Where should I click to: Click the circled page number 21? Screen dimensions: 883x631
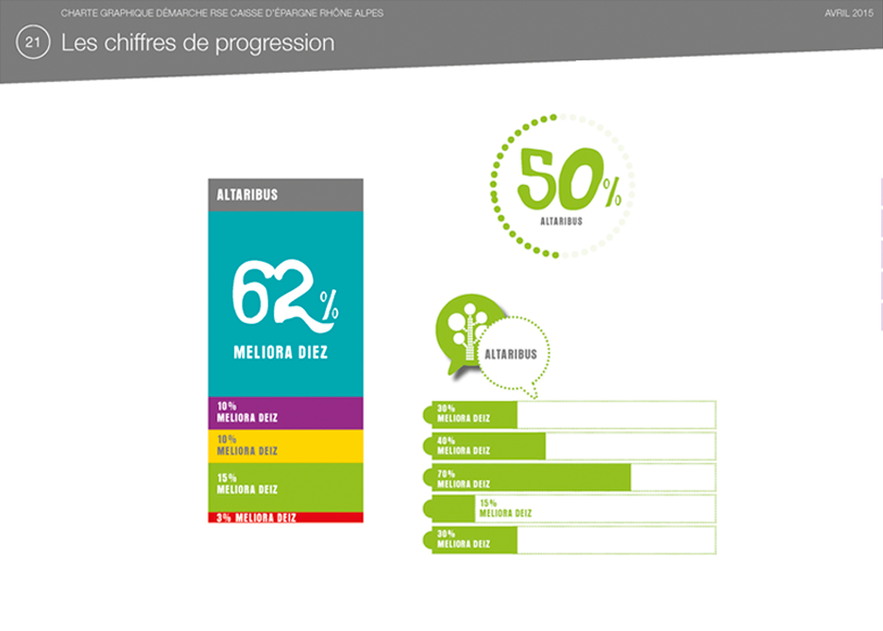(x=33, y=43)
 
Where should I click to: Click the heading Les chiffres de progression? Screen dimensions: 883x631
(x=197, y=43)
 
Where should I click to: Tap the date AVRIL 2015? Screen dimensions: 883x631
(x=849, y=13)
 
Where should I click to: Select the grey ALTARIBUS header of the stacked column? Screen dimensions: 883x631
(x=285, y=195)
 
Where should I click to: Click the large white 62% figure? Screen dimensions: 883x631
(x=285, y=296)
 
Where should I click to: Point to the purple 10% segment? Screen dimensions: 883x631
(x=285, y=413)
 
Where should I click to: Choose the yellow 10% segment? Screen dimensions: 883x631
(x=285, y=446)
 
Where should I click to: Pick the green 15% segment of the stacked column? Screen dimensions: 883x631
(x=285, y=487)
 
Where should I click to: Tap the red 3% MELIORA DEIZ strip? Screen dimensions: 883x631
(x=285, y=518)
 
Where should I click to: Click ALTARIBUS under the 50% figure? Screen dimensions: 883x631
(x=562, y=221)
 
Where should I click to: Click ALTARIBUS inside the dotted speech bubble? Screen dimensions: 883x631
(x=511, y=354)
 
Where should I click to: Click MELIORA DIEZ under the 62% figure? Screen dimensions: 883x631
(x=280, y=352)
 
